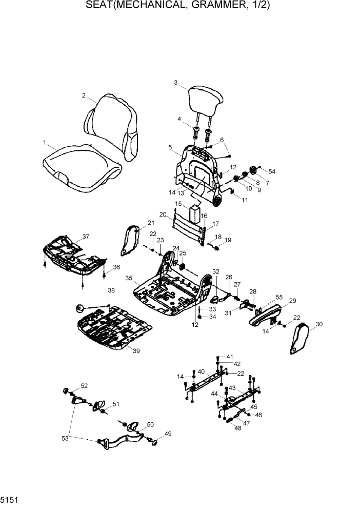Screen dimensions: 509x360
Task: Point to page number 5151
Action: coord(10,498)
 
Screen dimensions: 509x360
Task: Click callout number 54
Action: coord(272,171)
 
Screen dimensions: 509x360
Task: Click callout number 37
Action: coord(86,237)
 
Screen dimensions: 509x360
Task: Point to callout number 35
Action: coord(129,278)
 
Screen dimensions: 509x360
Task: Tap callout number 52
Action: coord(84,386)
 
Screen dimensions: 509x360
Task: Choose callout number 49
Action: coord(168,434)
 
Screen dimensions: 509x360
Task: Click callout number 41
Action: coord(230,356)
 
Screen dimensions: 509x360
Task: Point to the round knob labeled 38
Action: coord(79,308)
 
